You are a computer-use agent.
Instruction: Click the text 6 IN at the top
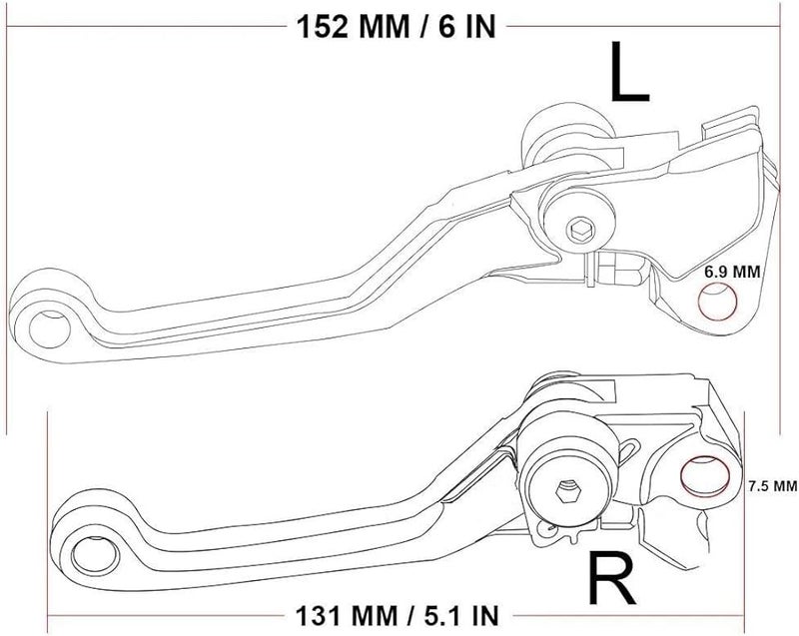456,24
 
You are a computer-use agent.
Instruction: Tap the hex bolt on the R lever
567,491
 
